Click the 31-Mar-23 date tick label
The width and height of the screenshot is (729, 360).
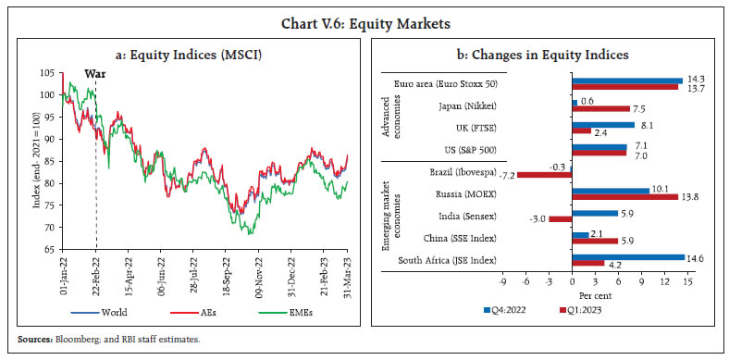(x=347, y=271)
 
